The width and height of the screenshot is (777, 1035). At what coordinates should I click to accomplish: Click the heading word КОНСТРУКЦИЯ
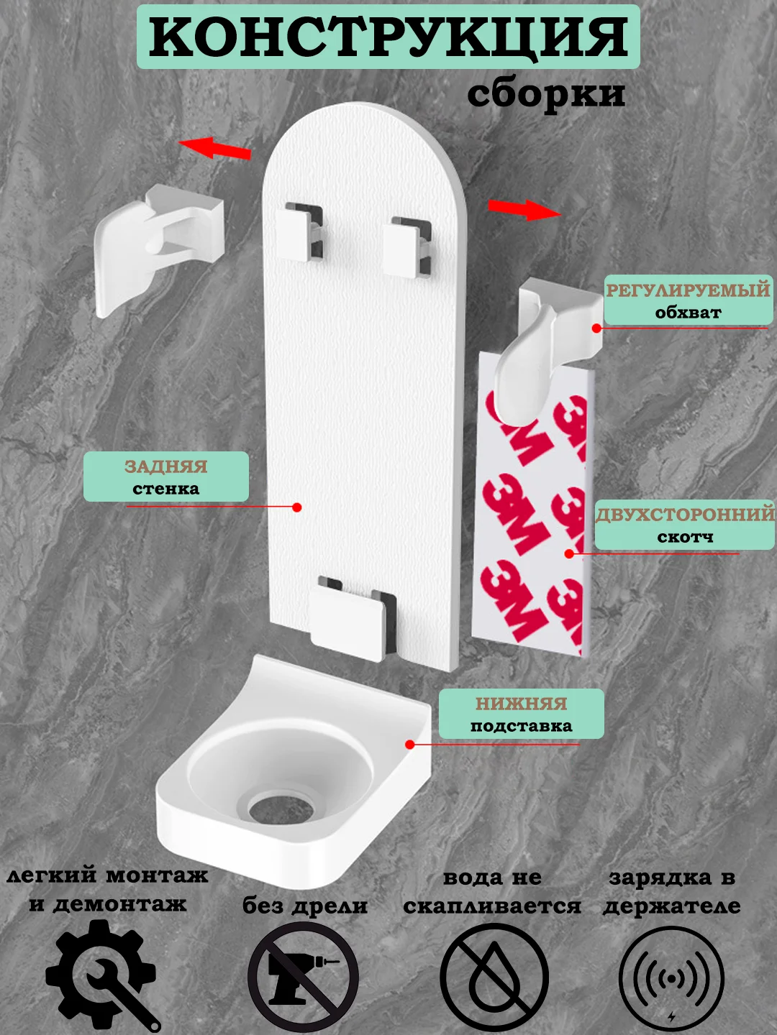(x=388, y=37)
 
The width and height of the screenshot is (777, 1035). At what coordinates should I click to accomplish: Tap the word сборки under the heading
(x=546, y=94)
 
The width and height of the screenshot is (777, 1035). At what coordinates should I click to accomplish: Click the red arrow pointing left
(x=214, y=147)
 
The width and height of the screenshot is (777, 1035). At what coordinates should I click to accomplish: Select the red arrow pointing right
(x=524, y=209)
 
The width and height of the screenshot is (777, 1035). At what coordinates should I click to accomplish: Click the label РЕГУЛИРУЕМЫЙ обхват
(x=688, y=300)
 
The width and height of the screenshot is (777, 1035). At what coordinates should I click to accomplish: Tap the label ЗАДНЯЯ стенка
(x=166, y=477)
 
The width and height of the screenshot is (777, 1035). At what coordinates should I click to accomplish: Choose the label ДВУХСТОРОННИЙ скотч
(x=684, y=525)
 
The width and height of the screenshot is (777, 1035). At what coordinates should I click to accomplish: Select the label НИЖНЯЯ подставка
(x=522, y=714)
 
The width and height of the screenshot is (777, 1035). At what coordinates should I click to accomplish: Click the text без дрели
(x=305, y=906)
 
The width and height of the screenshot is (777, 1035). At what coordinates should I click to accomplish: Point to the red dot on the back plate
(x=296, y=507)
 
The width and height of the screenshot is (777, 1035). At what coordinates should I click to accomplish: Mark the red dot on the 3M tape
(x=569, y=553)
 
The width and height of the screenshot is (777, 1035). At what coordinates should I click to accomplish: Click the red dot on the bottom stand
(x=410, y=745)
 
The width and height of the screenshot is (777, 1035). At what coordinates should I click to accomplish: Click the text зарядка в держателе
(x=671, y=891)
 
